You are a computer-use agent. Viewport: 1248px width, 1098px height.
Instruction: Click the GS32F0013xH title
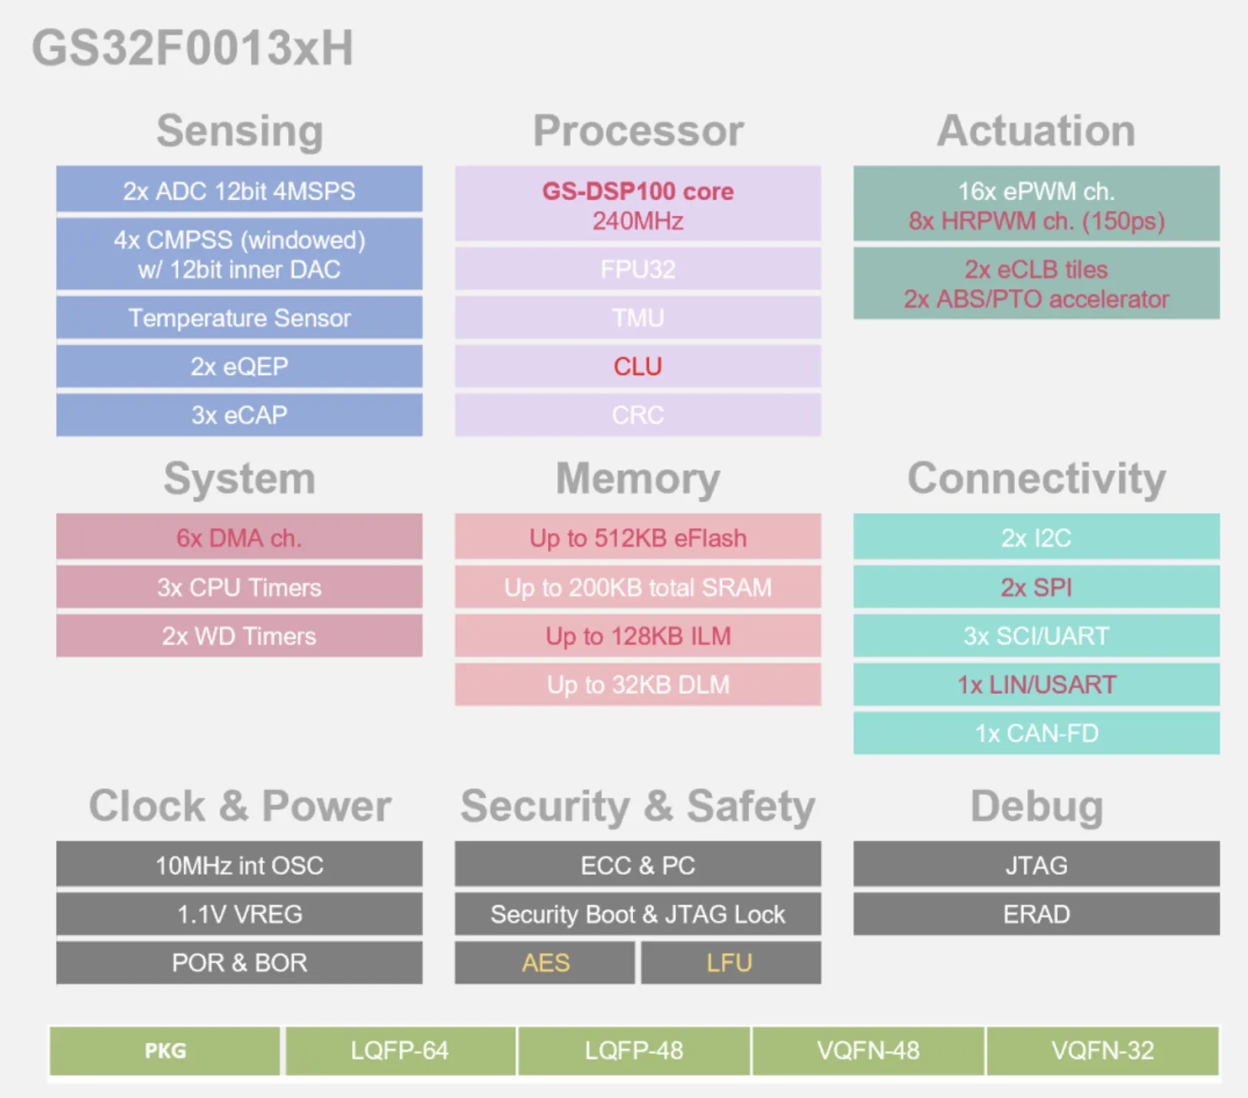coord(192,48)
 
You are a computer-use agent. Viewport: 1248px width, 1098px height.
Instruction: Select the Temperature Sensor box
coord(239,317)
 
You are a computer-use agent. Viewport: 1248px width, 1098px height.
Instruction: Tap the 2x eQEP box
coord(239,367)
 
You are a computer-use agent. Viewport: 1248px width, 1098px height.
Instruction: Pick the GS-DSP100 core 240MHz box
coord(638,205)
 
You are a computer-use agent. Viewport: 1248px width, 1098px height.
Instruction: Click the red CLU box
coord(638,367)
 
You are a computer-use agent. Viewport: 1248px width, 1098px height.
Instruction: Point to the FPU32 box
coord(638,269)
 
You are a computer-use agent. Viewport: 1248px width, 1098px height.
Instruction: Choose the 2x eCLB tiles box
coord(1036,283)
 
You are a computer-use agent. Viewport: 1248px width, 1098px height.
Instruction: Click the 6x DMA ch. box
coord(239,537)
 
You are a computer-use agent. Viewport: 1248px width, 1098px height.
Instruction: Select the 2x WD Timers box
coord(239,636)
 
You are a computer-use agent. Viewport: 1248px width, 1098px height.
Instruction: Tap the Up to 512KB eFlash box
coord(638,537)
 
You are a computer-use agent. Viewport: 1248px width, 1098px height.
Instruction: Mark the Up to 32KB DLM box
coord(638,684)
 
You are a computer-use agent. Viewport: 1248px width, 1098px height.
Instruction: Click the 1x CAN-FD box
coord(1036,733)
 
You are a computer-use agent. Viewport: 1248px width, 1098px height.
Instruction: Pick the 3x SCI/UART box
coord(1036,636)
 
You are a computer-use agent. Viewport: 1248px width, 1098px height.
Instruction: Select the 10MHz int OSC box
coord(239,864)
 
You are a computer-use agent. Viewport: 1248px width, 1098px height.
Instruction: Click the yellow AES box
coord(545,962)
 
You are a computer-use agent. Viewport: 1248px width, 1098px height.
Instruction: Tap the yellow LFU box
coord(731,962)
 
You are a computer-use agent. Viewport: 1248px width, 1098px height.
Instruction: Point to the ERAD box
coord(1036,914)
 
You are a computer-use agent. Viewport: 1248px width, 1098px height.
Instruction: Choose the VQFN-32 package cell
coord(1102,1050)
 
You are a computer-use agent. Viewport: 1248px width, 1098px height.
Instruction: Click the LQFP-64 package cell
coord(400,1050)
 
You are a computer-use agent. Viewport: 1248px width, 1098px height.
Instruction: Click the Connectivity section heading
coord(1036,478)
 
